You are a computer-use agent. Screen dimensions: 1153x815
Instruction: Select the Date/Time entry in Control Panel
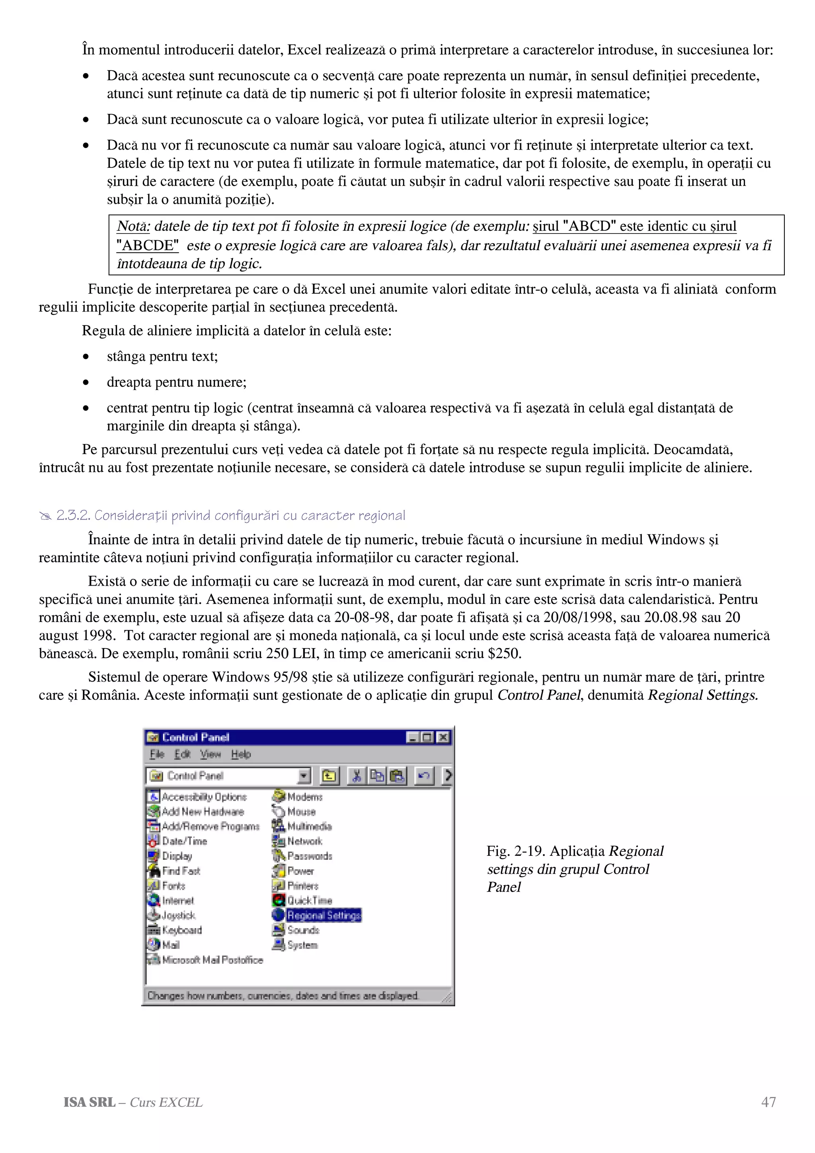click(x=184, y=841)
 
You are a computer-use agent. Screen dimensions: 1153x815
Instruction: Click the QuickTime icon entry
click(x=309, y=900)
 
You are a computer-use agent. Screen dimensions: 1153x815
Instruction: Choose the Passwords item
click(x=309, y=856)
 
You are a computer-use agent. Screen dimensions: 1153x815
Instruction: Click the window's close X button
click(x=443, y=737)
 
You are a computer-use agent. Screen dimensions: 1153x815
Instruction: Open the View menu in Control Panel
click(x=210, y=754)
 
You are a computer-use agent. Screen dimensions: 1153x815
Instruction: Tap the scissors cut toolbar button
click(x=356, y=776)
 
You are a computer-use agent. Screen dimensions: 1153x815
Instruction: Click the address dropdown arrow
click(x=304, y=776)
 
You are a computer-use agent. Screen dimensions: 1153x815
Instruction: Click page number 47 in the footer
click(x=768, y=1102)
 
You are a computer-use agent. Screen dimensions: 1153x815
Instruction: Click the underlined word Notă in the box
click(x=133, y=226)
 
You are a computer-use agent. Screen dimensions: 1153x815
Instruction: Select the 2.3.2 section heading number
click(x=73, y=516)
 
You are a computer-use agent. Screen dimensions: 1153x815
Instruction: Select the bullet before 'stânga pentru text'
click(x=86, y=357)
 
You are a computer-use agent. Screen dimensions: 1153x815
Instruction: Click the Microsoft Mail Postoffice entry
click(x=212, y=960)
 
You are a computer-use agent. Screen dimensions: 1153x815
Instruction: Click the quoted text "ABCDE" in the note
click(x=148, y=245)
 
